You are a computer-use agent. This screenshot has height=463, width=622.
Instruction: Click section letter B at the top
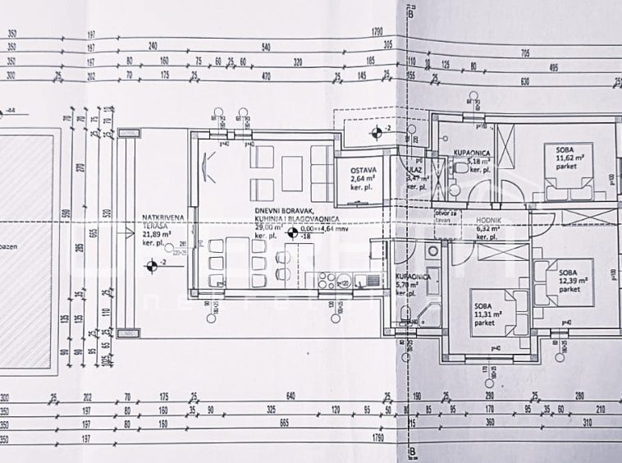coord(409,11)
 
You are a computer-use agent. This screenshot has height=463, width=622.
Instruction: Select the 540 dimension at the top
coord(266,47)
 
